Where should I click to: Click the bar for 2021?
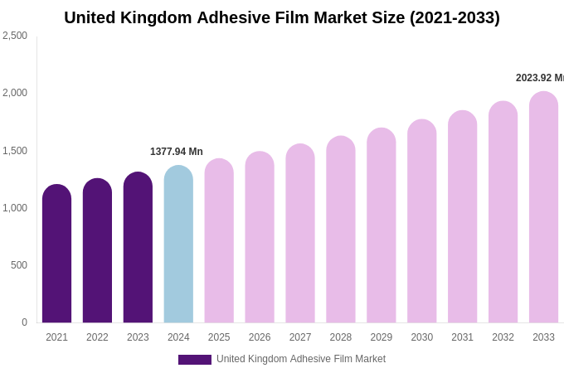pyautogui.click(x=56, y=254)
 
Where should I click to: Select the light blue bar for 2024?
pyautogui.click(x=178, y=245)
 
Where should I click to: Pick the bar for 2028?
pyautogui.click(x=341, y=230)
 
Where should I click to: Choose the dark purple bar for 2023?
pyautogui.click(x=138, y=248)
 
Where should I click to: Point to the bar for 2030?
pyautogui.click(x=421, y=221)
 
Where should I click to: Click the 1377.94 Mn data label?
pyautogui.click(x=177, y=152)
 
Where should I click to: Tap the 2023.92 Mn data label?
pyautogui.click(x=539, y=78)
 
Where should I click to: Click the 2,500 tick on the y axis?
pyautogui.click(x=15, y=36)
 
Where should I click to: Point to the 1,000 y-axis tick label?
pyautogui.click(x=15, y=208)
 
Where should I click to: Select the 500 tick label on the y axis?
pyautogui.click(x=18, y=265)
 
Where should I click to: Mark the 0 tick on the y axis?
pyautogui.click(x=24, y=322)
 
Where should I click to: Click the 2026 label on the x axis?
pyautogui.click(x=260, y=337)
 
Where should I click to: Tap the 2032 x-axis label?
pyautogui.click(x=503, y=337)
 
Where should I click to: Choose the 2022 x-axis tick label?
pyautogui.click(x=97, y=337)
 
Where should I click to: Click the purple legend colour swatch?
pyautogui.click(x=195, y=360)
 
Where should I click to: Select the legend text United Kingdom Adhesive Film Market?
pyautogui.click(x=301, y=359)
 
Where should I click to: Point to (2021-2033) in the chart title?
pyautogui.click(x=455, y=17)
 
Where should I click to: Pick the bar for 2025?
pyautogui.click(x=219, y=241)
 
